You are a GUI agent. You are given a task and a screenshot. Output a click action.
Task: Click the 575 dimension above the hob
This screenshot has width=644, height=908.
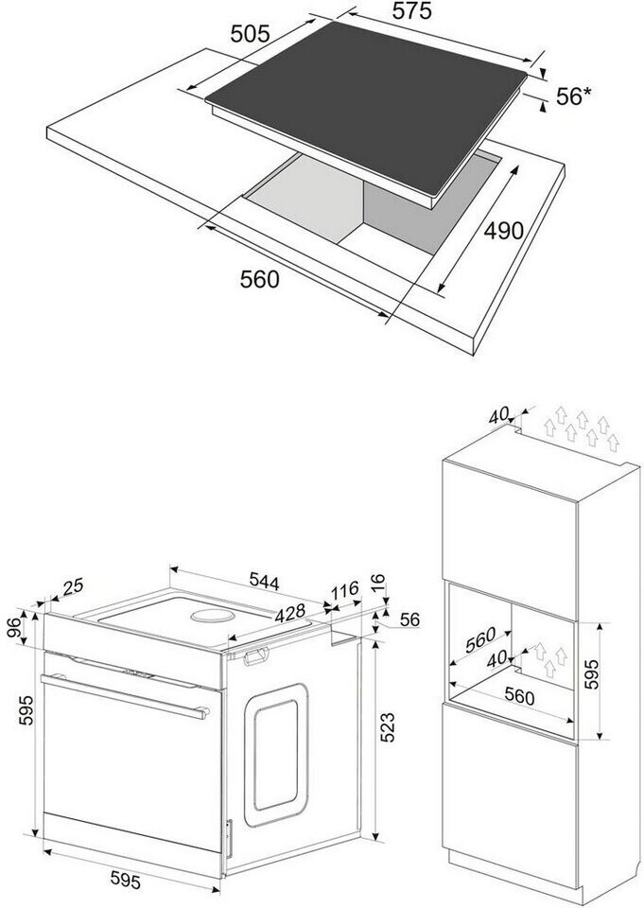coord(411,11)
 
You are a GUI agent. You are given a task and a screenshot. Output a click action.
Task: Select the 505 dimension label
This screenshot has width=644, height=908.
coord(251,33)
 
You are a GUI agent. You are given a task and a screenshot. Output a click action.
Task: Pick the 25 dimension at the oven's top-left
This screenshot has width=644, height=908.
coord(72,586)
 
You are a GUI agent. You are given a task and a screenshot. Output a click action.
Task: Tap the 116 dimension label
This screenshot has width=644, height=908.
coord(344,590)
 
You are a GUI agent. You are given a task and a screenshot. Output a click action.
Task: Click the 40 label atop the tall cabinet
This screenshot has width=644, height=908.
coord(499,416)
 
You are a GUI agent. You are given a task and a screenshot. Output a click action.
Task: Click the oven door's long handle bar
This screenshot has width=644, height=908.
coord(123,697)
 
